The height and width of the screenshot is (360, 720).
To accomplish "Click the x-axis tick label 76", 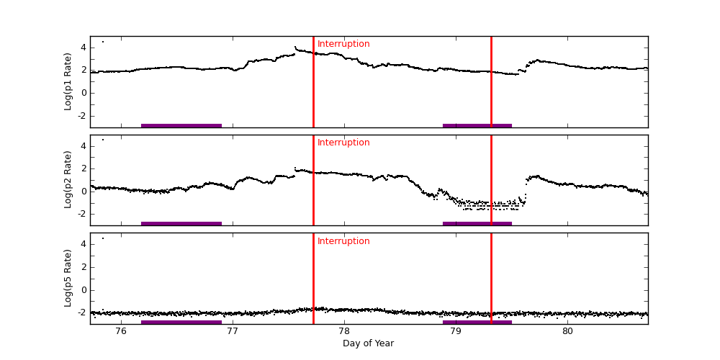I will [x=120, y=331].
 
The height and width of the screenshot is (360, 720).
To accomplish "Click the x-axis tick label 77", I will [x=233, y=331].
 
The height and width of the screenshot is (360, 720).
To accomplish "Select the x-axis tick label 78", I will [x=344, y=331].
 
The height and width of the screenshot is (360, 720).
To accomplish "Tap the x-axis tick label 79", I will [x=456, y=331].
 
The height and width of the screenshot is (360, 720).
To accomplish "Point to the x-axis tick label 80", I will [x=567, y=331].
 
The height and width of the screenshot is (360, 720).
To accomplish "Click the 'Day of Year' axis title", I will [x=368, y=343].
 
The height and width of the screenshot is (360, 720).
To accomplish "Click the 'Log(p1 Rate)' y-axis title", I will [x=68, y=81].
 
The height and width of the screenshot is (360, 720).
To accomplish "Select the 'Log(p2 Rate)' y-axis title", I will [x=68, y=179].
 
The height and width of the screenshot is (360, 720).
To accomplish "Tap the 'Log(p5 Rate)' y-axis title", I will [x=68, y=278].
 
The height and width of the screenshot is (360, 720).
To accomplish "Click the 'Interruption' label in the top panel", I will [x=343, y=44].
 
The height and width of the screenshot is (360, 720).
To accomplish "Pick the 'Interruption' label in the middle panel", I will [x=343, y=143].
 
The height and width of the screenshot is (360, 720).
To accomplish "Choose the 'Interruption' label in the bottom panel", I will [x=343, y=241].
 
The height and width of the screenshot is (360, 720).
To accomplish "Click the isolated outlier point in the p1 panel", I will [x=102, y=42].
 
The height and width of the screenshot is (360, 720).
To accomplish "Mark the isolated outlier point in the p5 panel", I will [x=102, y=238].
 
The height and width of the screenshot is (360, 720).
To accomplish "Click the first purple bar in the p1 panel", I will [x=181, y=125].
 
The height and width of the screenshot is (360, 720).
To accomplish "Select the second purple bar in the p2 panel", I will [x=477, y=223].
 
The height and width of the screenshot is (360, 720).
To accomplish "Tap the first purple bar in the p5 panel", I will [x=181, y=322].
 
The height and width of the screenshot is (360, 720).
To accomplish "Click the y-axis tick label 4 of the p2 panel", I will [x=84, y=146].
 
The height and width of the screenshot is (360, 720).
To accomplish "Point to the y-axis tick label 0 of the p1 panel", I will [x=84, y=93].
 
